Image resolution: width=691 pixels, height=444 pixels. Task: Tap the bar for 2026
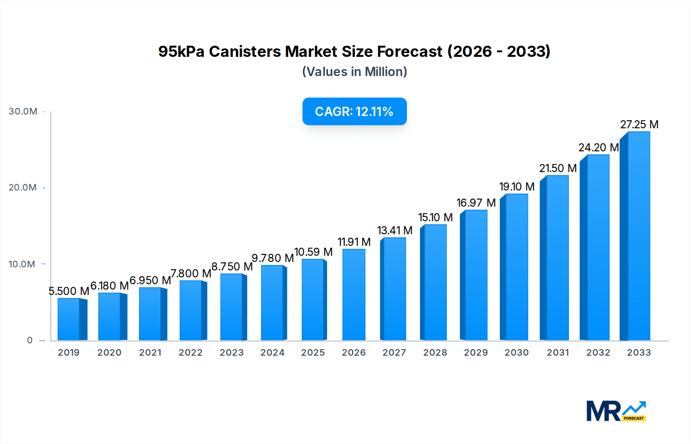tap(354, 295)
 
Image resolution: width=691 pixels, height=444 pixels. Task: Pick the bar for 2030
tap(516, 267)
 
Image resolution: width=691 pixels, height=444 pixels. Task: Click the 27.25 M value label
tap(639, 124)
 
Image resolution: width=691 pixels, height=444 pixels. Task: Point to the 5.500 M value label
tap(69, 291)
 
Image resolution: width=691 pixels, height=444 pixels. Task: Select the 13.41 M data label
tap(394, 230)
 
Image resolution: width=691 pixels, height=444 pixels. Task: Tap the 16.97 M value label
tap(476, 203)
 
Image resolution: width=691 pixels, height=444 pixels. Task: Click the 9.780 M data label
tap(273, 258)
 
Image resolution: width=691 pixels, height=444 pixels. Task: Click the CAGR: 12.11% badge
tap(354, 111)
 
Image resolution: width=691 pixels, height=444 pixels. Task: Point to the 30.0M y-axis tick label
tap(23, 111)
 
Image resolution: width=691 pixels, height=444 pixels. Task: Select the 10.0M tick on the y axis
tap(22, 264)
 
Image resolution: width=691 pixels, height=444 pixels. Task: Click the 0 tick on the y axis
tap(30, 340)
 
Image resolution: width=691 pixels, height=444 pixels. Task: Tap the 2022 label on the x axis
tap(190, 353)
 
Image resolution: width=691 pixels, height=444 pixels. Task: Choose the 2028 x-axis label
tap(435, 353)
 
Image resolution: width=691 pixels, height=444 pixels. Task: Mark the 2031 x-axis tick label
tap(557, 353)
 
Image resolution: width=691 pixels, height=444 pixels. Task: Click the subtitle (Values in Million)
tap(354, 72)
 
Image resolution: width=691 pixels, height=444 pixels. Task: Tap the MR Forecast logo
tap(616, 411)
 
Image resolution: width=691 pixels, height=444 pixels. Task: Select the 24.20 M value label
tap(598, 147)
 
